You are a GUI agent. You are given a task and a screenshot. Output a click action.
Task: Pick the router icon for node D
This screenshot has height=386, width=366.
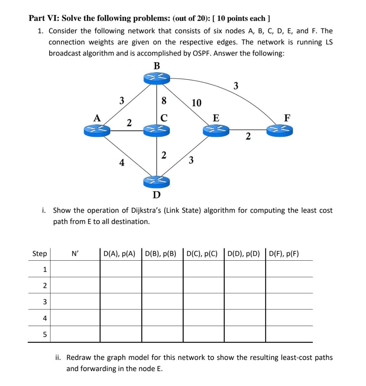[156, 182]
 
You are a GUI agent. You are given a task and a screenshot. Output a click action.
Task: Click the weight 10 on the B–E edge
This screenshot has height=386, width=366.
[197, 103]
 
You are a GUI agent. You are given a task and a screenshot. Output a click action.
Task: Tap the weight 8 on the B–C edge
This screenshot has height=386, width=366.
[164, 101]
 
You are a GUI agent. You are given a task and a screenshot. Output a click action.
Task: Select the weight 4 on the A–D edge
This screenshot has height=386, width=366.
[121, 163]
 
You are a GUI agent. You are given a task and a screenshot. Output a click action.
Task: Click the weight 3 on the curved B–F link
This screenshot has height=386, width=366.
[236, 86]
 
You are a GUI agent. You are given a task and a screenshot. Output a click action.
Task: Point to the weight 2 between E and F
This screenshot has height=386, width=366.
[248, 137]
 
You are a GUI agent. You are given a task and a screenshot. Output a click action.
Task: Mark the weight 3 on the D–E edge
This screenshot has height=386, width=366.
[191, 160]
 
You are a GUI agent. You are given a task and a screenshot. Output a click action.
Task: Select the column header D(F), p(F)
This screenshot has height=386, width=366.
[284, 253]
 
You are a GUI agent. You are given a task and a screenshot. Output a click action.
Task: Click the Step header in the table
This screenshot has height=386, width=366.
[40, 253]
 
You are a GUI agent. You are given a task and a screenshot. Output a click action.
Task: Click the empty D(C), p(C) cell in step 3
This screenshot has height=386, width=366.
[203, 302]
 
